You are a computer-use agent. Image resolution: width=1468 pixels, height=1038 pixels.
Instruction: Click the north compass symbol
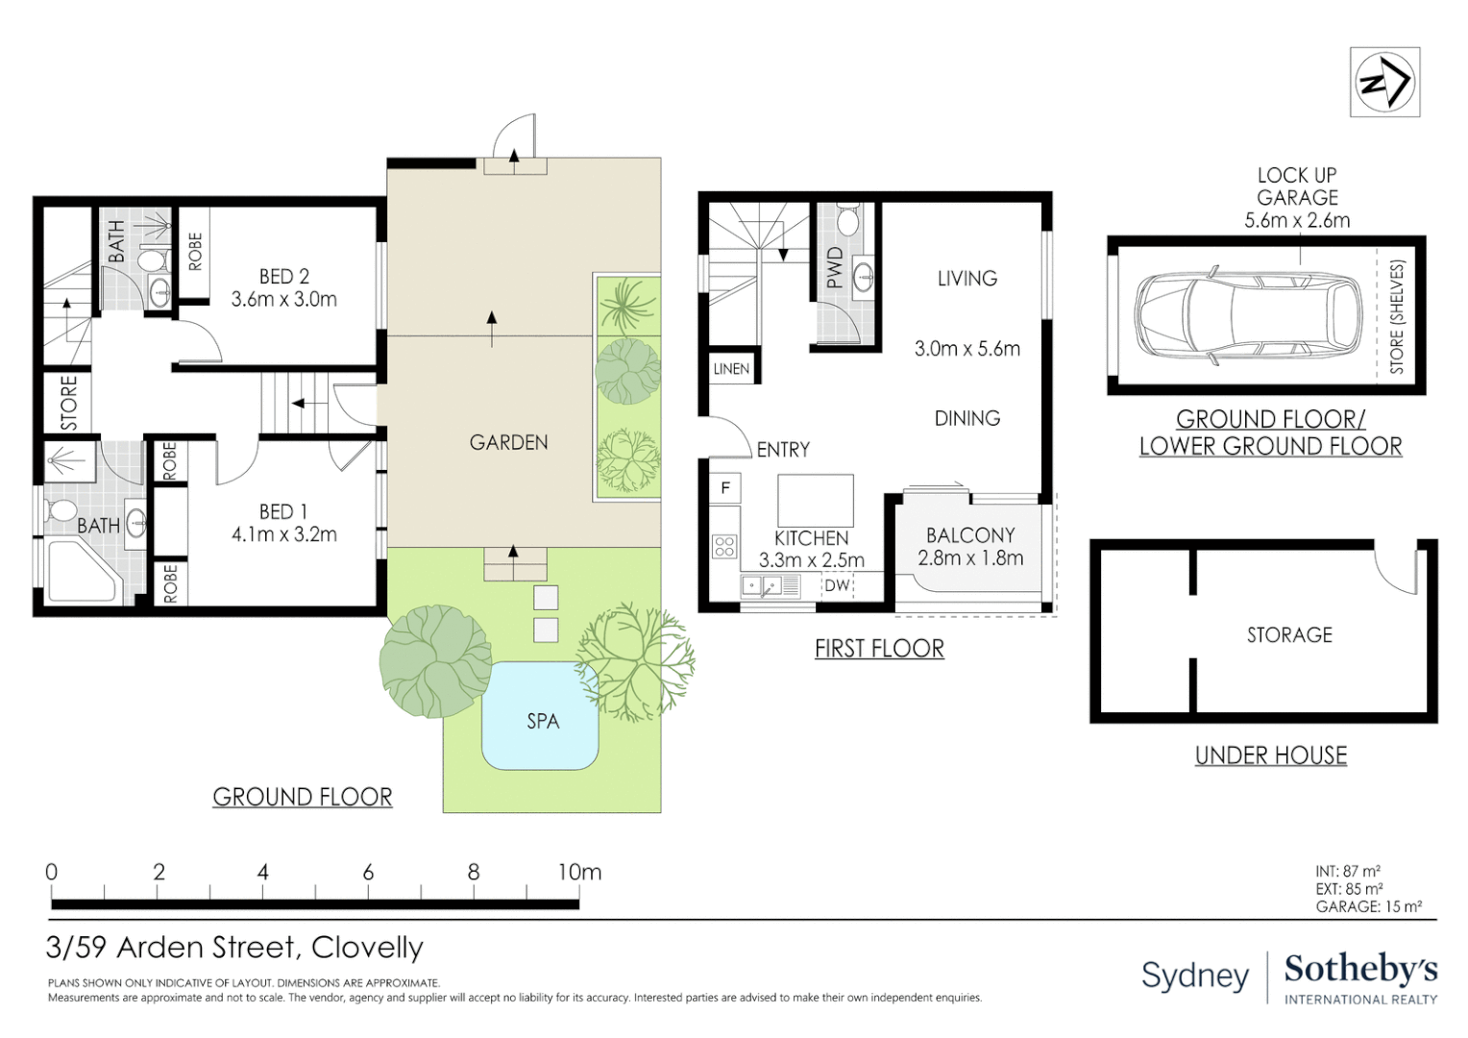point(1384,83)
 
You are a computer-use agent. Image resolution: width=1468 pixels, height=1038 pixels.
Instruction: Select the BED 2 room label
point(283,277)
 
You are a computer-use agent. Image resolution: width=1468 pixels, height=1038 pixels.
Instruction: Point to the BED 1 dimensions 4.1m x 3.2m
point(283,535)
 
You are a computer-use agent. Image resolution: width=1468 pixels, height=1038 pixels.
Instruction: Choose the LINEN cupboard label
point(731,369)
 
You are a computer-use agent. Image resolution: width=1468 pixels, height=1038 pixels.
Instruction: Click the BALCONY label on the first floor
point(970,535)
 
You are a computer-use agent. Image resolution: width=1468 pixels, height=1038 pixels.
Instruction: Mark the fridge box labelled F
point(725,488)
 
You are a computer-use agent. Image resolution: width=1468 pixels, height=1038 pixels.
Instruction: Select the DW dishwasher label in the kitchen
point(837,585)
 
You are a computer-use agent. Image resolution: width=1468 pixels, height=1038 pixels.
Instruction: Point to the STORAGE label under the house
point(1289,635)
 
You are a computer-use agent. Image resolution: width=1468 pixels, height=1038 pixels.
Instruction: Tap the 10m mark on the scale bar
point(579,873)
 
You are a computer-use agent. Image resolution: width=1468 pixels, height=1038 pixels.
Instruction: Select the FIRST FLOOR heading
point(879,649)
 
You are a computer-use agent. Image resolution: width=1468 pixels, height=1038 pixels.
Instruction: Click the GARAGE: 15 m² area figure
point(1368,906)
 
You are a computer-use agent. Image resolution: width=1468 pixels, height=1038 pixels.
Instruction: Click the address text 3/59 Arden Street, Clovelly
point(234,948)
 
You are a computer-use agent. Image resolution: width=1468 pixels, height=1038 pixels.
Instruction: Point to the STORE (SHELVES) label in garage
point(1397,316)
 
